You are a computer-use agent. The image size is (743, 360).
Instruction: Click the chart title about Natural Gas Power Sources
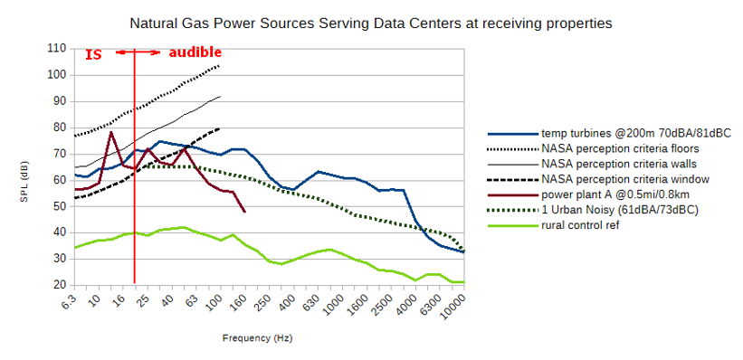point(371,24)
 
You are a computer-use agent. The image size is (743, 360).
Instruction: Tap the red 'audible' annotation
point(195,52)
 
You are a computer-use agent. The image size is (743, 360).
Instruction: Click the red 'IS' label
point(93,54)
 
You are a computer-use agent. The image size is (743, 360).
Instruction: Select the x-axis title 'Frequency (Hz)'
point(257,338)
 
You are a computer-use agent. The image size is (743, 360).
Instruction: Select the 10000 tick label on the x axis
point(452,308)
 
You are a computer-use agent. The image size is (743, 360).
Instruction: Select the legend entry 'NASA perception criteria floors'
point(594,148)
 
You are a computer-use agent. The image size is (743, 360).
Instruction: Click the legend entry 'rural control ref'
point(554,225)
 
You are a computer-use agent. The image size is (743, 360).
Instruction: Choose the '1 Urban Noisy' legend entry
point(594,210)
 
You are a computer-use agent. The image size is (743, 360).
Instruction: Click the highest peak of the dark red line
point(111,132)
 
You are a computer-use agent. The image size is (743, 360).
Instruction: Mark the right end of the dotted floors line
point(220,65)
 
